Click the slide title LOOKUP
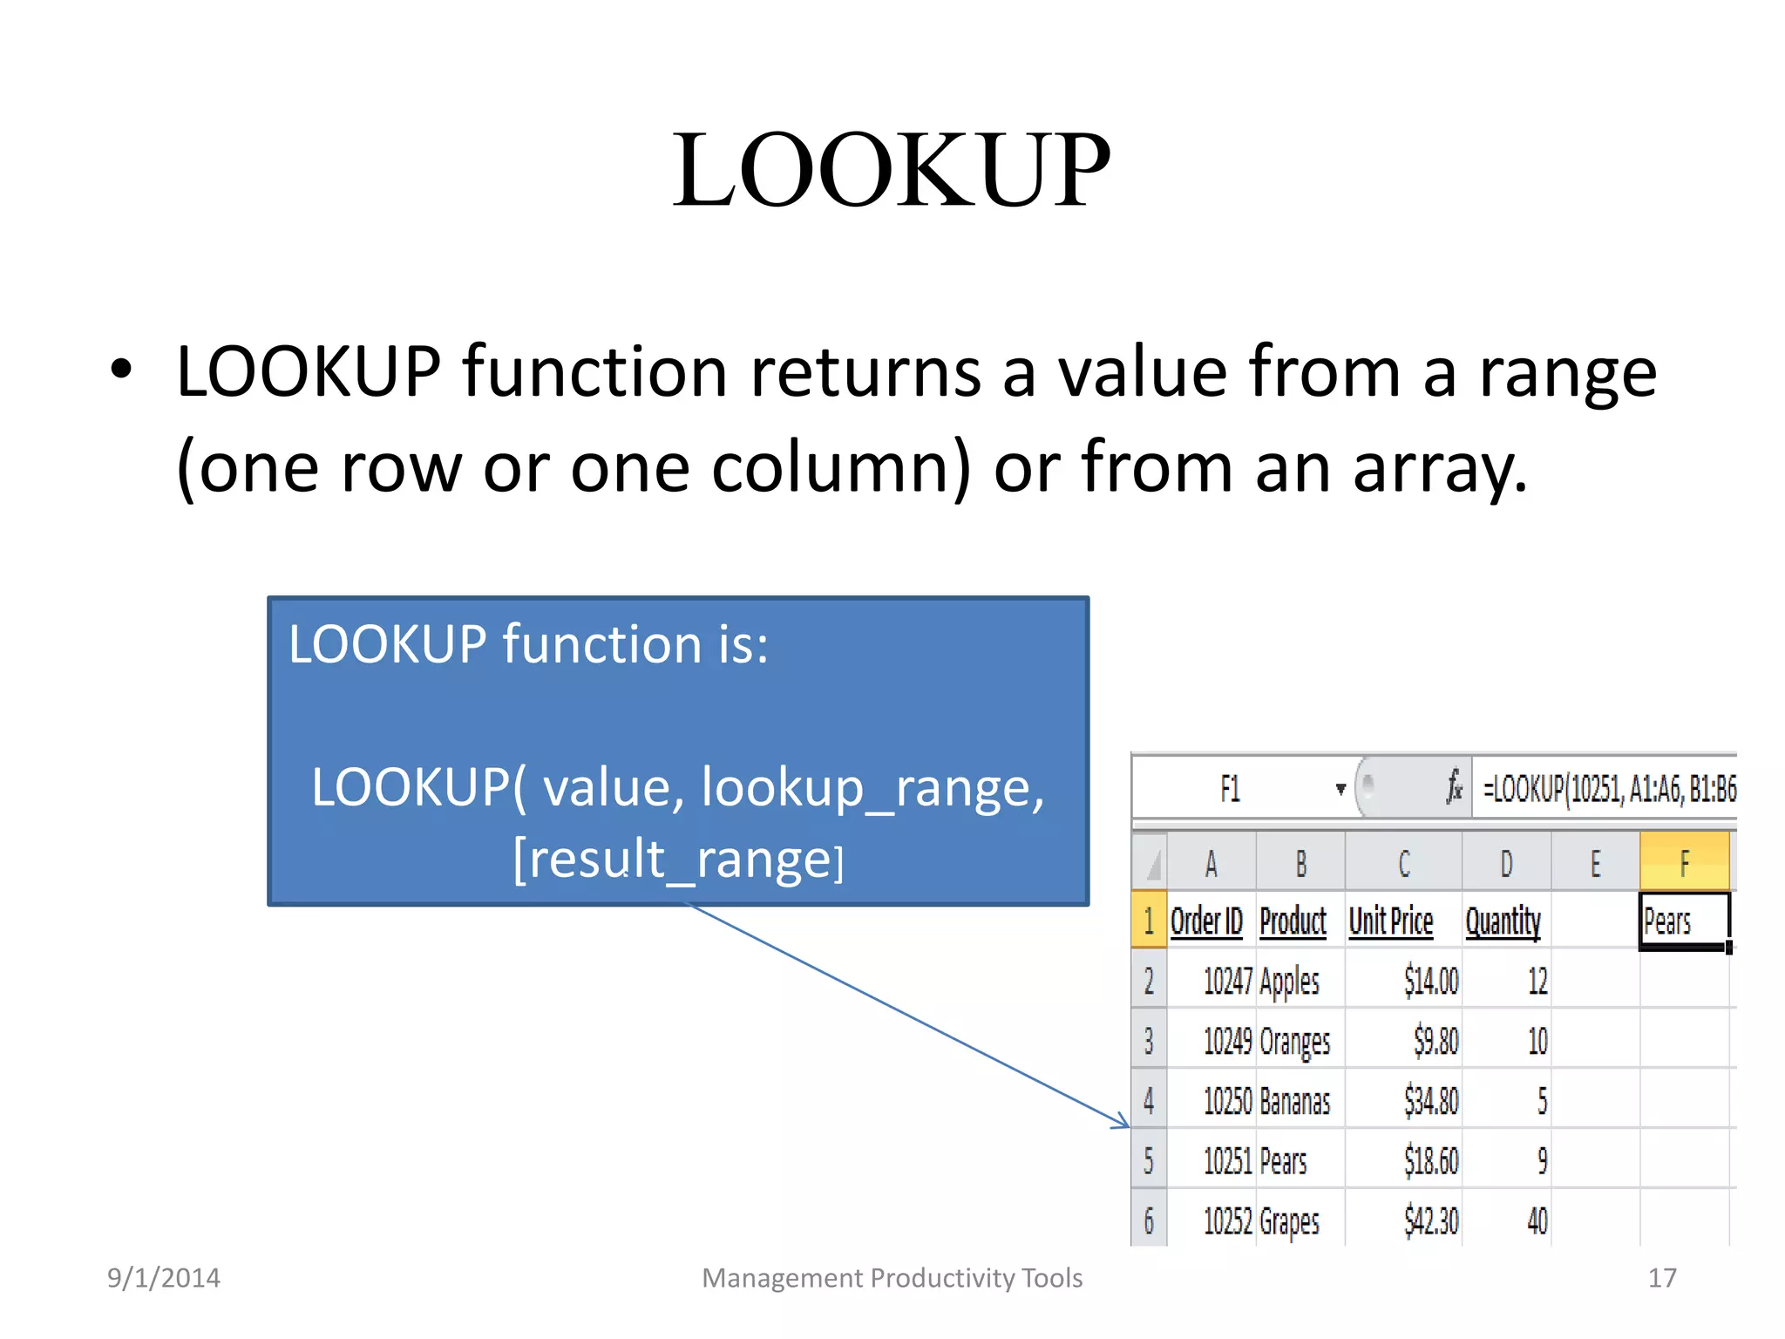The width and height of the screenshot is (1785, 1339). point(891,170)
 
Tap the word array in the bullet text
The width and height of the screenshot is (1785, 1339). point(1435,468)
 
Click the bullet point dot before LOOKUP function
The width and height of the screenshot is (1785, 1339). point(121,370)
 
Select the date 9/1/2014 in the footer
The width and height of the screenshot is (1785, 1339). point(164,1278)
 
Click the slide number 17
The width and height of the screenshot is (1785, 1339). point(1661,1278)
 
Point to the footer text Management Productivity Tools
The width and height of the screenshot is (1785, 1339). point(892,1278)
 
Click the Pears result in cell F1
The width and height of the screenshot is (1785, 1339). point(1667,921)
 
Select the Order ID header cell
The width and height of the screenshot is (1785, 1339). point(1207,921)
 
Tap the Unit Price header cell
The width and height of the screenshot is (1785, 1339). point(1391,921)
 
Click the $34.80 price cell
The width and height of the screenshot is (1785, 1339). point(1430,1101)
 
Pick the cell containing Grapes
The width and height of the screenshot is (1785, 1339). point(1290,1221)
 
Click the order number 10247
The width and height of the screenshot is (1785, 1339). point(1227,982)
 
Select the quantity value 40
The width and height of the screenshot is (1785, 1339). point(1537,1221)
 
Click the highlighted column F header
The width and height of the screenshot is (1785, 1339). point(1684,863)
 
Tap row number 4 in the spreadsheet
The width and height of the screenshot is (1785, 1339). point(1149,1101)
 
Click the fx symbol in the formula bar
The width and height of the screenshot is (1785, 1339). point(1454,787)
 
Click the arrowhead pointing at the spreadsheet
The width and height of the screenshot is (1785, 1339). point(1122,1123)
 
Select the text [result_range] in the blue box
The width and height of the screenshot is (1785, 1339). point(678,860)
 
